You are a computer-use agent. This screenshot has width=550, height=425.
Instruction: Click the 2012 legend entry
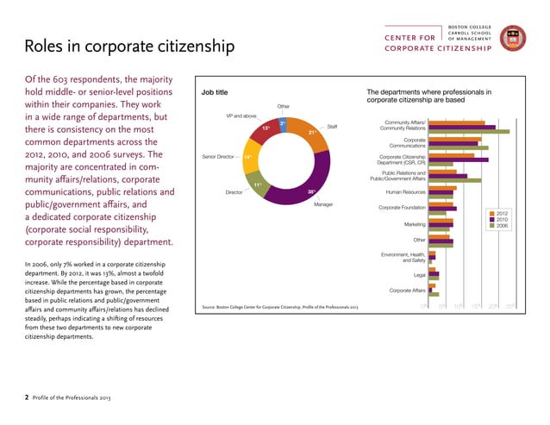[502, 213]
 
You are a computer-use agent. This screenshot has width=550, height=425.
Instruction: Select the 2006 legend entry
[502, 227]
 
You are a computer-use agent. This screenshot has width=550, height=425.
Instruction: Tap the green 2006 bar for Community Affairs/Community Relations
[469, 132]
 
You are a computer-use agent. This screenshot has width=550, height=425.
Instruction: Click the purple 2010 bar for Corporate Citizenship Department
[458, 159]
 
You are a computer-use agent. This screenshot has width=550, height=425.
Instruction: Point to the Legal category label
[419, 274]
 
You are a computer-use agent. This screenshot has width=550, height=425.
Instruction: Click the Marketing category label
[412, 224]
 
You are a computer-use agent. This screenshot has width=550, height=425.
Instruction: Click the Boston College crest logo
[516, 38]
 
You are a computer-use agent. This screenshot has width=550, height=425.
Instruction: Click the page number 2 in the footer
[26, 397]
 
